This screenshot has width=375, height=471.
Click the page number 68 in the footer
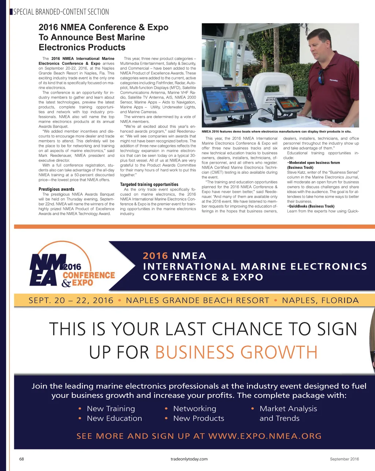pyautogui.click(x=22, y=459)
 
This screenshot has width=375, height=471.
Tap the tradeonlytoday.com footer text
pyautogui.click(x=189, y=459)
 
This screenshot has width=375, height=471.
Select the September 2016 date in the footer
pyautogui.click(x=344, y=459)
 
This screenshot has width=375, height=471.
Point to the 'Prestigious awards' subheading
pyautogui.click(x=56, y=189)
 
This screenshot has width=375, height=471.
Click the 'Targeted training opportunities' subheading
pyautogui.click(x=149, y=185)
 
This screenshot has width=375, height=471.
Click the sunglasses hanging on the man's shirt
pyautogui.click(x=321, y=77)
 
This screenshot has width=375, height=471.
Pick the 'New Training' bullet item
pyautogui.click(x=111, y=409)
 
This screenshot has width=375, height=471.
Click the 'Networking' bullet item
pyautogui.click(x=194, y=409)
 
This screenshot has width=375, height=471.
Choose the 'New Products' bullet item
pyautogui.click(x=198, y=418)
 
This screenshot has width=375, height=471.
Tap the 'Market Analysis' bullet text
pyautogui.click(x=288, y=409)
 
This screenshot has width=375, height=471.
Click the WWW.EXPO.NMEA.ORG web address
pyautogui.click(x=265, y=436)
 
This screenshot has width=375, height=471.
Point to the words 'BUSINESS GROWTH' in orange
pyautogui.click(x=236, y=352)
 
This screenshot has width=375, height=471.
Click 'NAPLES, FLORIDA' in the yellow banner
pyautogui.click(x=320, y=301)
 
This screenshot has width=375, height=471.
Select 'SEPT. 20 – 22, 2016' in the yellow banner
pyautogui.click(x=71, y=301)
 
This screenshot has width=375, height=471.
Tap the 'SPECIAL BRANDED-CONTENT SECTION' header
pyautogui.click(x=61, y=12)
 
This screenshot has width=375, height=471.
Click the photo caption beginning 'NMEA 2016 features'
pyautogui.click(x=276, y=131)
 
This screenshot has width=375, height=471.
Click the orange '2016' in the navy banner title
pyautogui.click(x=155, y=256)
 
